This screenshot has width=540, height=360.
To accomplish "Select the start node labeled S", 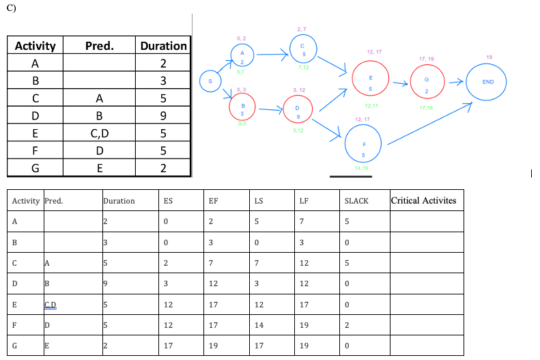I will tap(210, 81).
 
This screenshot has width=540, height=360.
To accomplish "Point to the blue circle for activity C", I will tap(302, 50).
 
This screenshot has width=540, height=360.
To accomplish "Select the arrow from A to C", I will tap(272, 54).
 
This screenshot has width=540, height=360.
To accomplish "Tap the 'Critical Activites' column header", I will tap(423, 201).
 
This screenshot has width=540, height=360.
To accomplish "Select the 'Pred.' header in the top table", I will tap(100, 46).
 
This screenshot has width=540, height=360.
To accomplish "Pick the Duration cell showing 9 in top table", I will tap(163, 116).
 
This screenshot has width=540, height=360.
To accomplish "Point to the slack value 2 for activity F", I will tap(348, 326).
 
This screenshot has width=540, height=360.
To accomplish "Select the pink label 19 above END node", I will tap(488, 57).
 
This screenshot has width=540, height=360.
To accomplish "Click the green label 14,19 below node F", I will tap(362, 167).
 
